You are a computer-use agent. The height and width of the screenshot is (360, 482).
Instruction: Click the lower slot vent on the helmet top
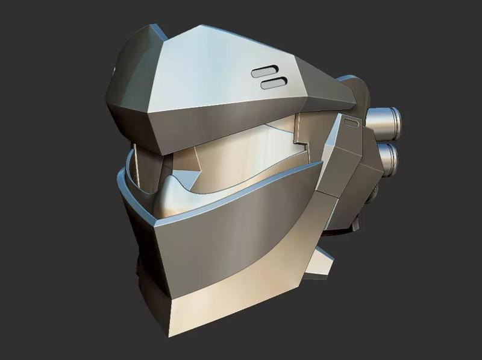pos(274,83)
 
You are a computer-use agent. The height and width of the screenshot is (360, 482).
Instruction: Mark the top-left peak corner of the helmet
pos(155,27)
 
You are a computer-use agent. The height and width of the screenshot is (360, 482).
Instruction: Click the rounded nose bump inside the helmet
pos(175,199)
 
